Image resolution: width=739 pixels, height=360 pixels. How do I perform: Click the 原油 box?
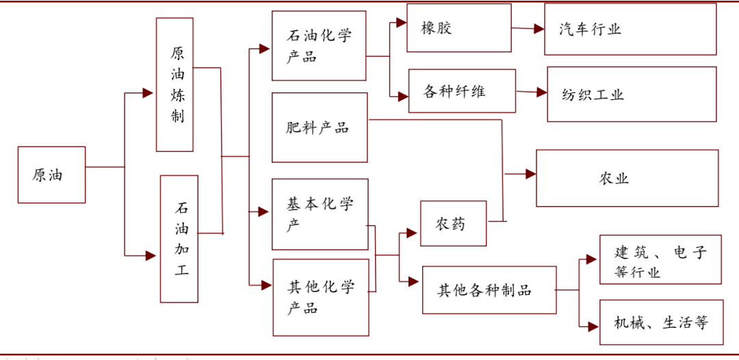point(51,175)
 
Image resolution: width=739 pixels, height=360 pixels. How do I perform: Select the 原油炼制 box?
point(174,84)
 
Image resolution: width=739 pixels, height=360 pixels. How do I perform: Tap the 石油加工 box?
point(179,238)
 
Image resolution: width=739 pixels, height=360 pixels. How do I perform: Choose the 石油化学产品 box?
point(319,47)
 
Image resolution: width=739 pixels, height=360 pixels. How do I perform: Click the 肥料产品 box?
point(319,128)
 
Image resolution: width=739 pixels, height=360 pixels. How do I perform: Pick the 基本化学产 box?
point(320,214)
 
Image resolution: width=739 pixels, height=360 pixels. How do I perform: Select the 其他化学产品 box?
point(321,297)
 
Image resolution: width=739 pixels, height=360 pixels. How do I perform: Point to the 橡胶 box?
point(458,28)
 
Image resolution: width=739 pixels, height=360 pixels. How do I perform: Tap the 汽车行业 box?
point(630,29)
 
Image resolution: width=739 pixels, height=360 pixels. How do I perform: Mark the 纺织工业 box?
point(632,94)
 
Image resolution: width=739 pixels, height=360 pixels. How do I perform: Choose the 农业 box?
point(627,178)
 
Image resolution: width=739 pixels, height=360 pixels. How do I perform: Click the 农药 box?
point(453,224)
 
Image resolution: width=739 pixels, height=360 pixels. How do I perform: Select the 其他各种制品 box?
point(489,290)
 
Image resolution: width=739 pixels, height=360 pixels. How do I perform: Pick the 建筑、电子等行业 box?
point(660,259)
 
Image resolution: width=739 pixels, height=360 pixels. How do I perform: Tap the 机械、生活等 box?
point(661,322)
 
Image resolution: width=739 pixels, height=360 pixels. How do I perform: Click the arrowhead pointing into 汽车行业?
point(539,29)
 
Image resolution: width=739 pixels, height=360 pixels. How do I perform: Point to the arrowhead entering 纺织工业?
point(541,92)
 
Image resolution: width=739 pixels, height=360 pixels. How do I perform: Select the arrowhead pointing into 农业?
point(530,175)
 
